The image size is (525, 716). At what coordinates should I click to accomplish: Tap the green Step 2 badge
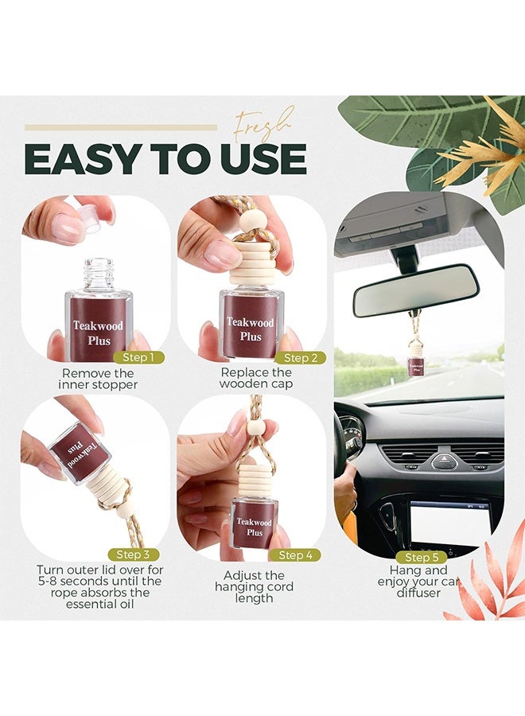pos(300,358)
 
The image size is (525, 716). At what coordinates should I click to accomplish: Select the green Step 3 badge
pos(133,554)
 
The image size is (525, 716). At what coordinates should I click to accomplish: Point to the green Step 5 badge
pos(422,557)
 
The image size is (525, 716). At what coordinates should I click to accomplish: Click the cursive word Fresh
pos(263,125)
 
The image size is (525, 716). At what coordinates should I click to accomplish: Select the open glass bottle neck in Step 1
pos(99,275)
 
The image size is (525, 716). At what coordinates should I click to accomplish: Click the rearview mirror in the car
pos(416,290)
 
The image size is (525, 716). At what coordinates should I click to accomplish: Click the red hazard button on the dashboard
pos(444,460)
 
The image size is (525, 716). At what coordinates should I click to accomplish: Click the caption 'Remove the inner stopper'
pos(99,379)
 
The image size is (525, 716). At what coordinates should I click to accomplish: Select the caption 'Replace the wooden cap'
pos(256,379)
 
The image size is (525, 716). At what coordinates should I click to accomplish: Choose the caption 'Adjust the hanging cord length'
pos(254,586)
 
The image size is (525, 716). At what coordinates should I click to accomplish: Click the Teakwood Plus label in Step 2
pos(250,329)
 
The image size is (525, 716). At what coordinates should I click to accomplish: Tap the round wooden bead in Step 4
pos(255,428)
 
